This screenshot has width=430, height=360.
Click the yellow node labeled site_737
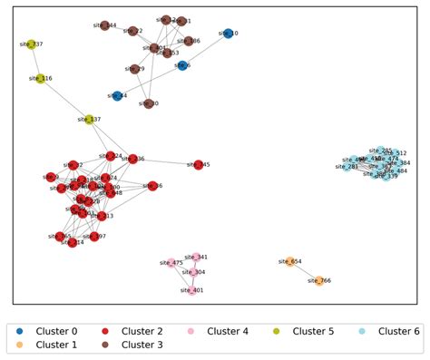tap(31, 44)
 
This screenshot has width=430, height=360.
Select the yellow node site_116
tap(42, 79)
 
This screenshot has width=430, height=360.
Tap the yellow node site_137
tap(89, 119)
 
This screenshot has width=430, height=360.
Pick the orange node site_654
tap(290, 261)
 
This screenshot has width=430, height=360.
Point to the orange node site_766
tap(319, 281)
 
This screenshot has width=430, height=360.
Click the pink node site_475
tap(171, 263)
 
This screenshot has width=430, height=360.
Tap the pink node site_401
tap(191, 290)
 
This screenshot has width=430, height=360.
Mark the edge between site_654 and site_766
tap(305, 271)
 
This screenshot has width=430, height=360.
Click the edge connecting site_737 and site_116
tap(36, 61)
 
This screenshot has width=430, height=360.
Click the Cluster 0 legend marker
tap(19, 331)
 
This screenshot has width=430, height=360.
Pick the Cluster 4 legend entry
tap(222, 331)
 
